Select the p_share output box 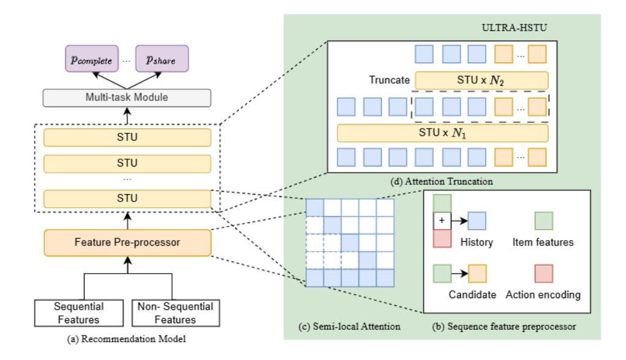click(x=163, y=59)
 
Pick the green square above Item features click(x=544, y=220)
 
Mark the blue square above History click(x=477, y=220)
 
